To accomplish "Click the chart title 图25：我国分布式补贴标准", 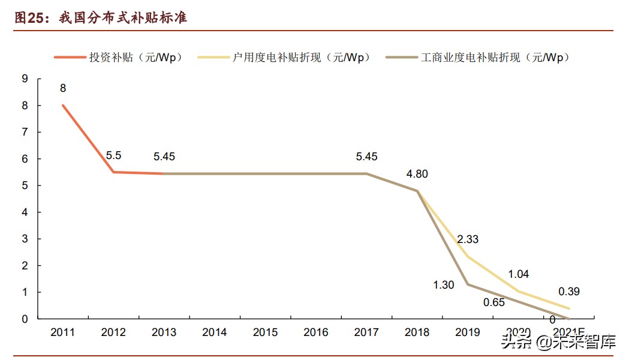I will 101,18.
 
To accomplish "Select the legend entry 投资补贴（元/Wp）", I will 135,58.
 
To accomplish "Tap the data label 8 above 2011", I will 63,88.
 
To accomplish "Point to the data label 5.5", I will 113,155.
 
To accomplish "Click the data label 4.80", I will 418,174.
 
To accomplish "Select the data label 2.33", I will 468,239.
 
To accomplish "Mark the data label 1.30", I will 444,285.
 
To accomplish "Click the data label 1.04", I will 518,274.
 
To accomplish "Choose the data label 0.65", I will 494,302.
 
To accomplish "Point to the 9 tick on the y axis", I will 25,79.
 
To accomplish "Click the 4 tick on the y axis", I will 25,212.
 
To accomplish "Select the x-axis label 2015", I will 265,332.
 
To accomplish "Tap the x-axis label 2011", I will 63,332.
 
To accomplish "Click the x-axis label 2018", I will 417,332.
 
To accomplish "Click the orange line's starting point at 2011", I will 63,106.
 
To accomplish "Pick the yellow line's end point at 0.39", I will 568,308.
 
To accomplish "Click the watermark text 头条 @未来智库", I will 558,343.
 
